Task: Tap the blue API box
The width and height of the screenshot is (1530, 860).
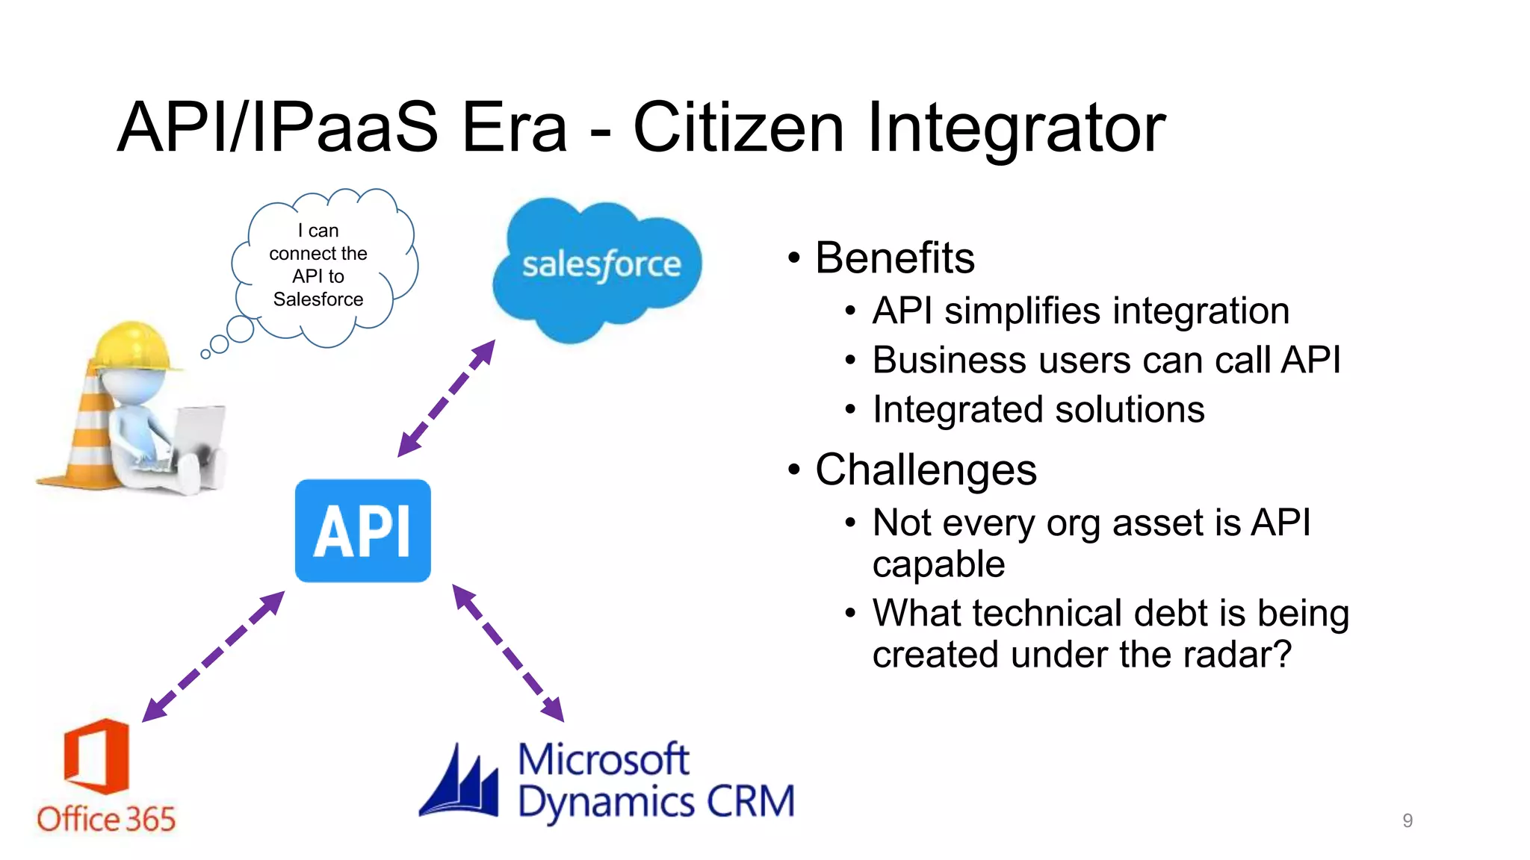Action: pyautogui.click(x=363, y=531)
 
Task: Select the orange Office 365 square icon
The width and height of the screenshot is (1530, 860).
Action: pyautogui.click(x=97, y=755)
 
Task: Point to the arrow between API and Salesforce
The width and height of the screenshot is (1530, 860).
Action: pyautogui.click(x=446, y=399)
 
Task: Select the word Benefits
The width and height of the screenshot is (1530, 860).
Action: pyautogui.click(x=894, y=258)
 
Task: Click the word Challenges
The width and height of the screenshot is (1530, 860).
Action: pyautogui.click(x=926, y=470)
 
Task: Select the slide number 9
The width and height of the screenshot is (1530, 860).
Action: pyautogui.click(x=1407, y=820)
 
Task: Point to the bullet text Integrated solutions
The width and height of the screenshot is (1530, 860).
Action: pyautogui.click(x=1038, y=410)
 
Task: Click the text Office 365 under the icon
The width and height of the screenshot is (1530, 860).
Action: pyautogui.click(x=106, y=820)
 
